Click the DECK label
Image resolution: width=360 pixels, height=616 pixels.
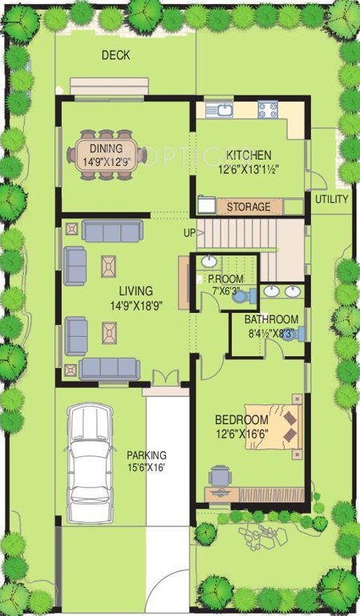(116, 55)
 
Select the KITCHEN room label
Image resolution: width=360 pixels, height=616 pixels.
(248, 155)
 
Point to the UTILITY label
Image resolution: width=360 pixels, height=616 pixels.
(331, 199)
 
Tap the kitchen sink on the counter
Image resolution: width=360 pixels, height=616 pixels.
(218, 109)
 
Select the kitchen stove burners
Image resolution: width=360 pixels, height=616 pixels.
(267, 108)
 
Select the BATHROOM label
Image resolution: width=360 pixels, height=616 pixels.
(271, 319)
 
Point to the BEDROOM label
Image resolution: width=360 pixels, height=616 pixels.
(241, 420)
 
